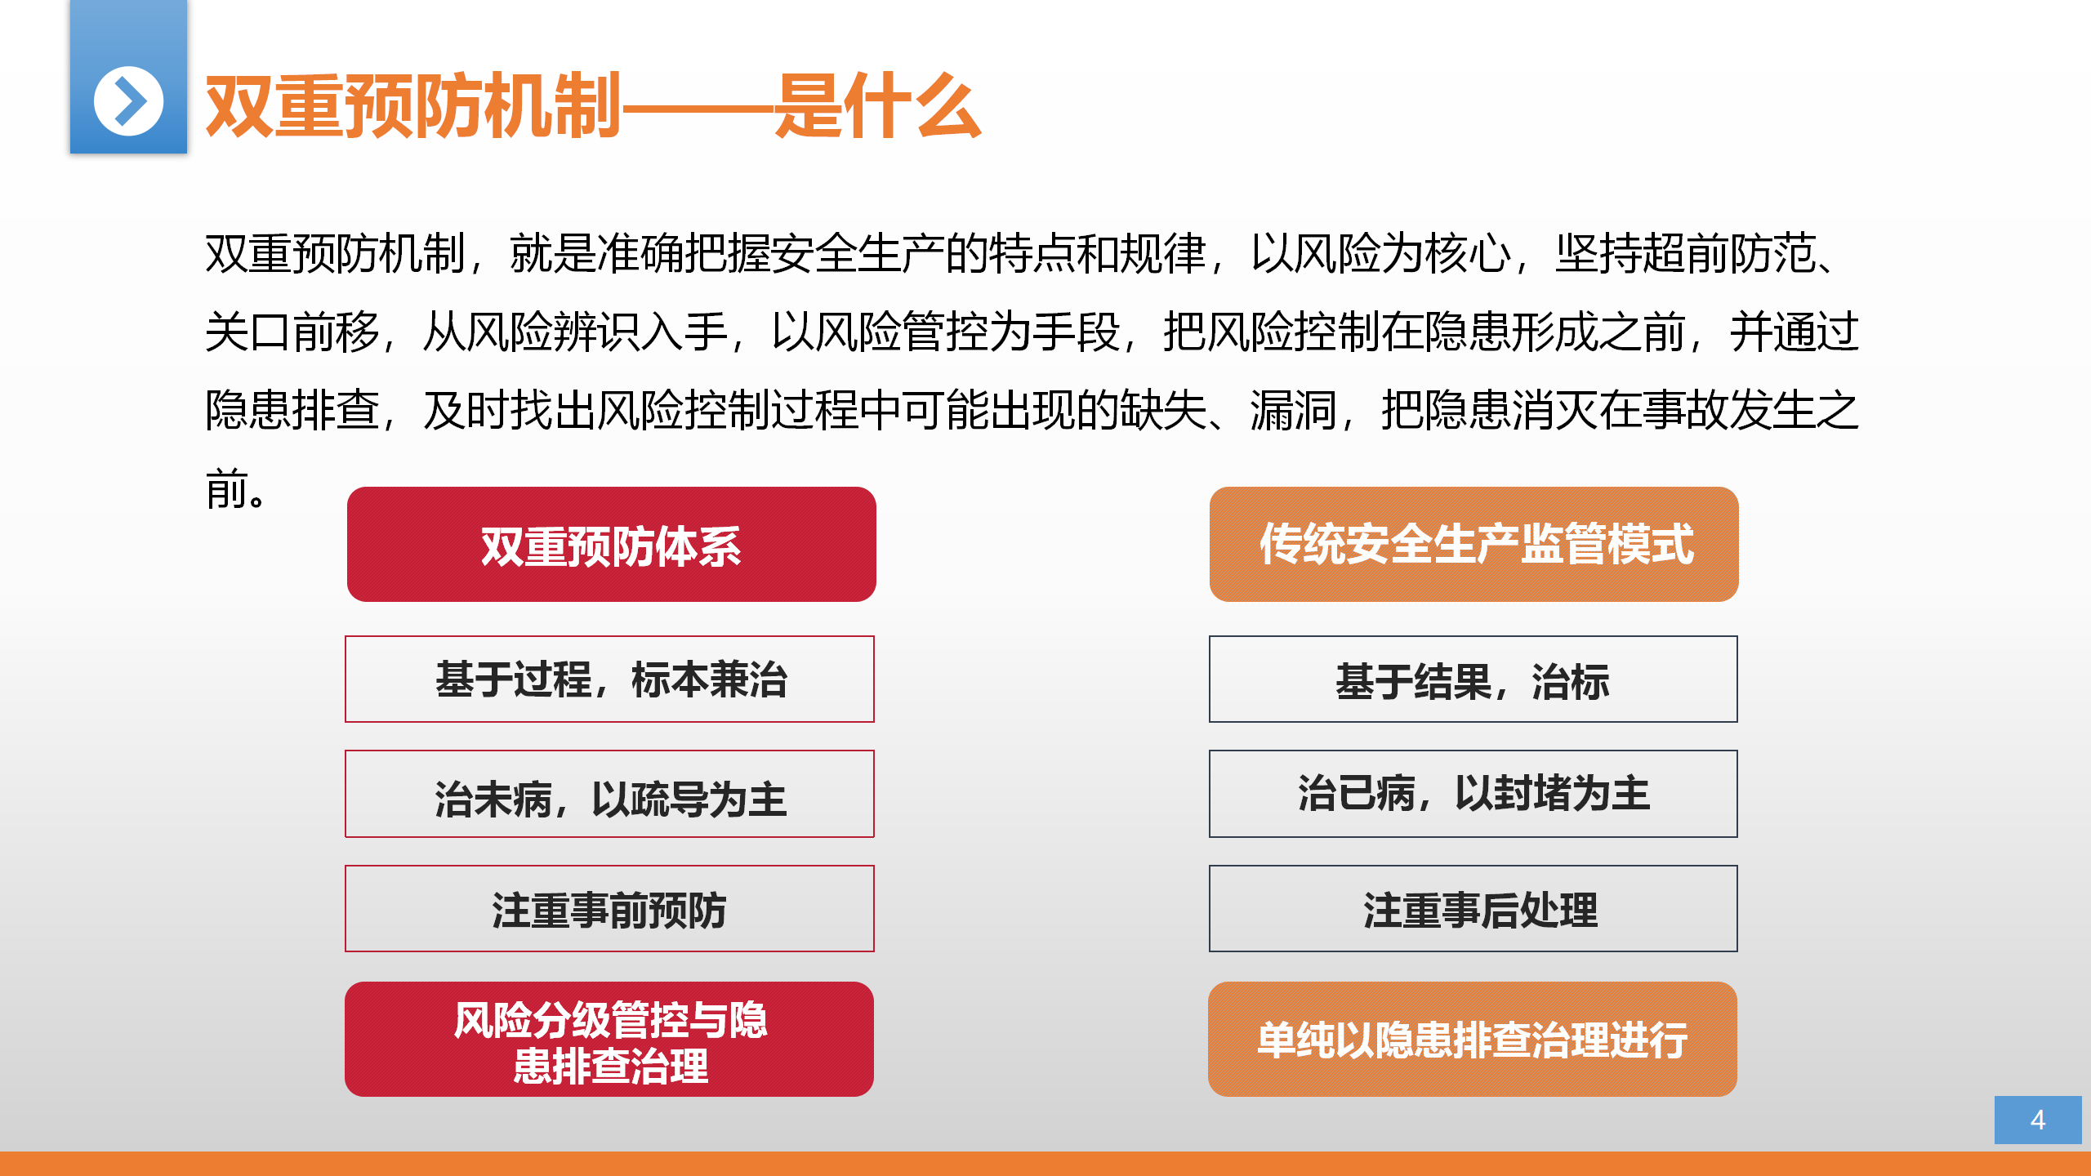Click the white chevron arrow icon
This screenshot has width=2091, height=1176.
(x=128, y=101)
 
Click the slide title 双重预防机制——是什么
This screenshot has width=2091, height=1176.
(x=593, y=105)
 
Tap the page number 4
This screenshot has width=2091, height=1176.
(x=2038, y=1120)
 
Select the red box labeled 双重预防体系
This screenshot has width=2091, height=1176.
(x=611, y=545)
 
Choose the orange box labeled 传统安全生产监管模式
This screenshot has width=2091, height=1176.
(x=1474, y=545)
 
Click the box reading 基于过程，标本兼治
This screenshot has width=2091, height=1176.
(x=609, y=679)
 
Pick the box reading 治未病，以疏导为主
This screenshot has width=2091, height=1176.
(x=609, y=794)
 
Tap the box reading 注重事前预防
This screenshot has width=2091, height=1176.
(x=609, y=909)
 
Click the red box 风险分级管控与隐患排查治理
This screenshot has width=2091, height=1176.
(x=609, y=1040)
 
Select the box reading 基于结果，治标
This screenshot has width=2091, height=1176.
(x=1474, y=679)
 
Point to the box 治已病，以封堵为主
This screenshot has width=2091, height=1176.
(x=1474, y=794)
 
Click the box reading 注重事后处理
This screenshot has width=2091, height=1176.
(x=1474, y=909)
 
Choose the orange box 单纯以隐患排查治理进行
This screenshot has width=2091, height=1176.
(x=1473, y=1040)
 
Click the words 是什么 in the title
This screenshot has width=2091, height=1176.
(x=877, y=105)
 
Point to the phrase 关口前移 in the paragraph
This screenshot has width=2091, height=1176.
(x=292, y=332)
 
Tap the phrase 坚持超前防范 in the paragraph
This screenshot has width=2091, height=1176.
(x=1685, y=254)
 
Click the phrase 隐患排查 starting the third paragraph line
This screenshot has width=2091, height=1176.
(x=292, y=410)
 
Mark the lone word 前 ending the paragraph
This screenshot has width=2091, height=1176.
(x=226, y=488)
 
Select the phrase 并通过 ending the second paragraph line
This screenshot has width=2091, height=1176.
(x=1795, y=332)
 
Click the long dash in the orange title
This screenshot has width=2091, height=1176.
(x=698, y=106)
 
